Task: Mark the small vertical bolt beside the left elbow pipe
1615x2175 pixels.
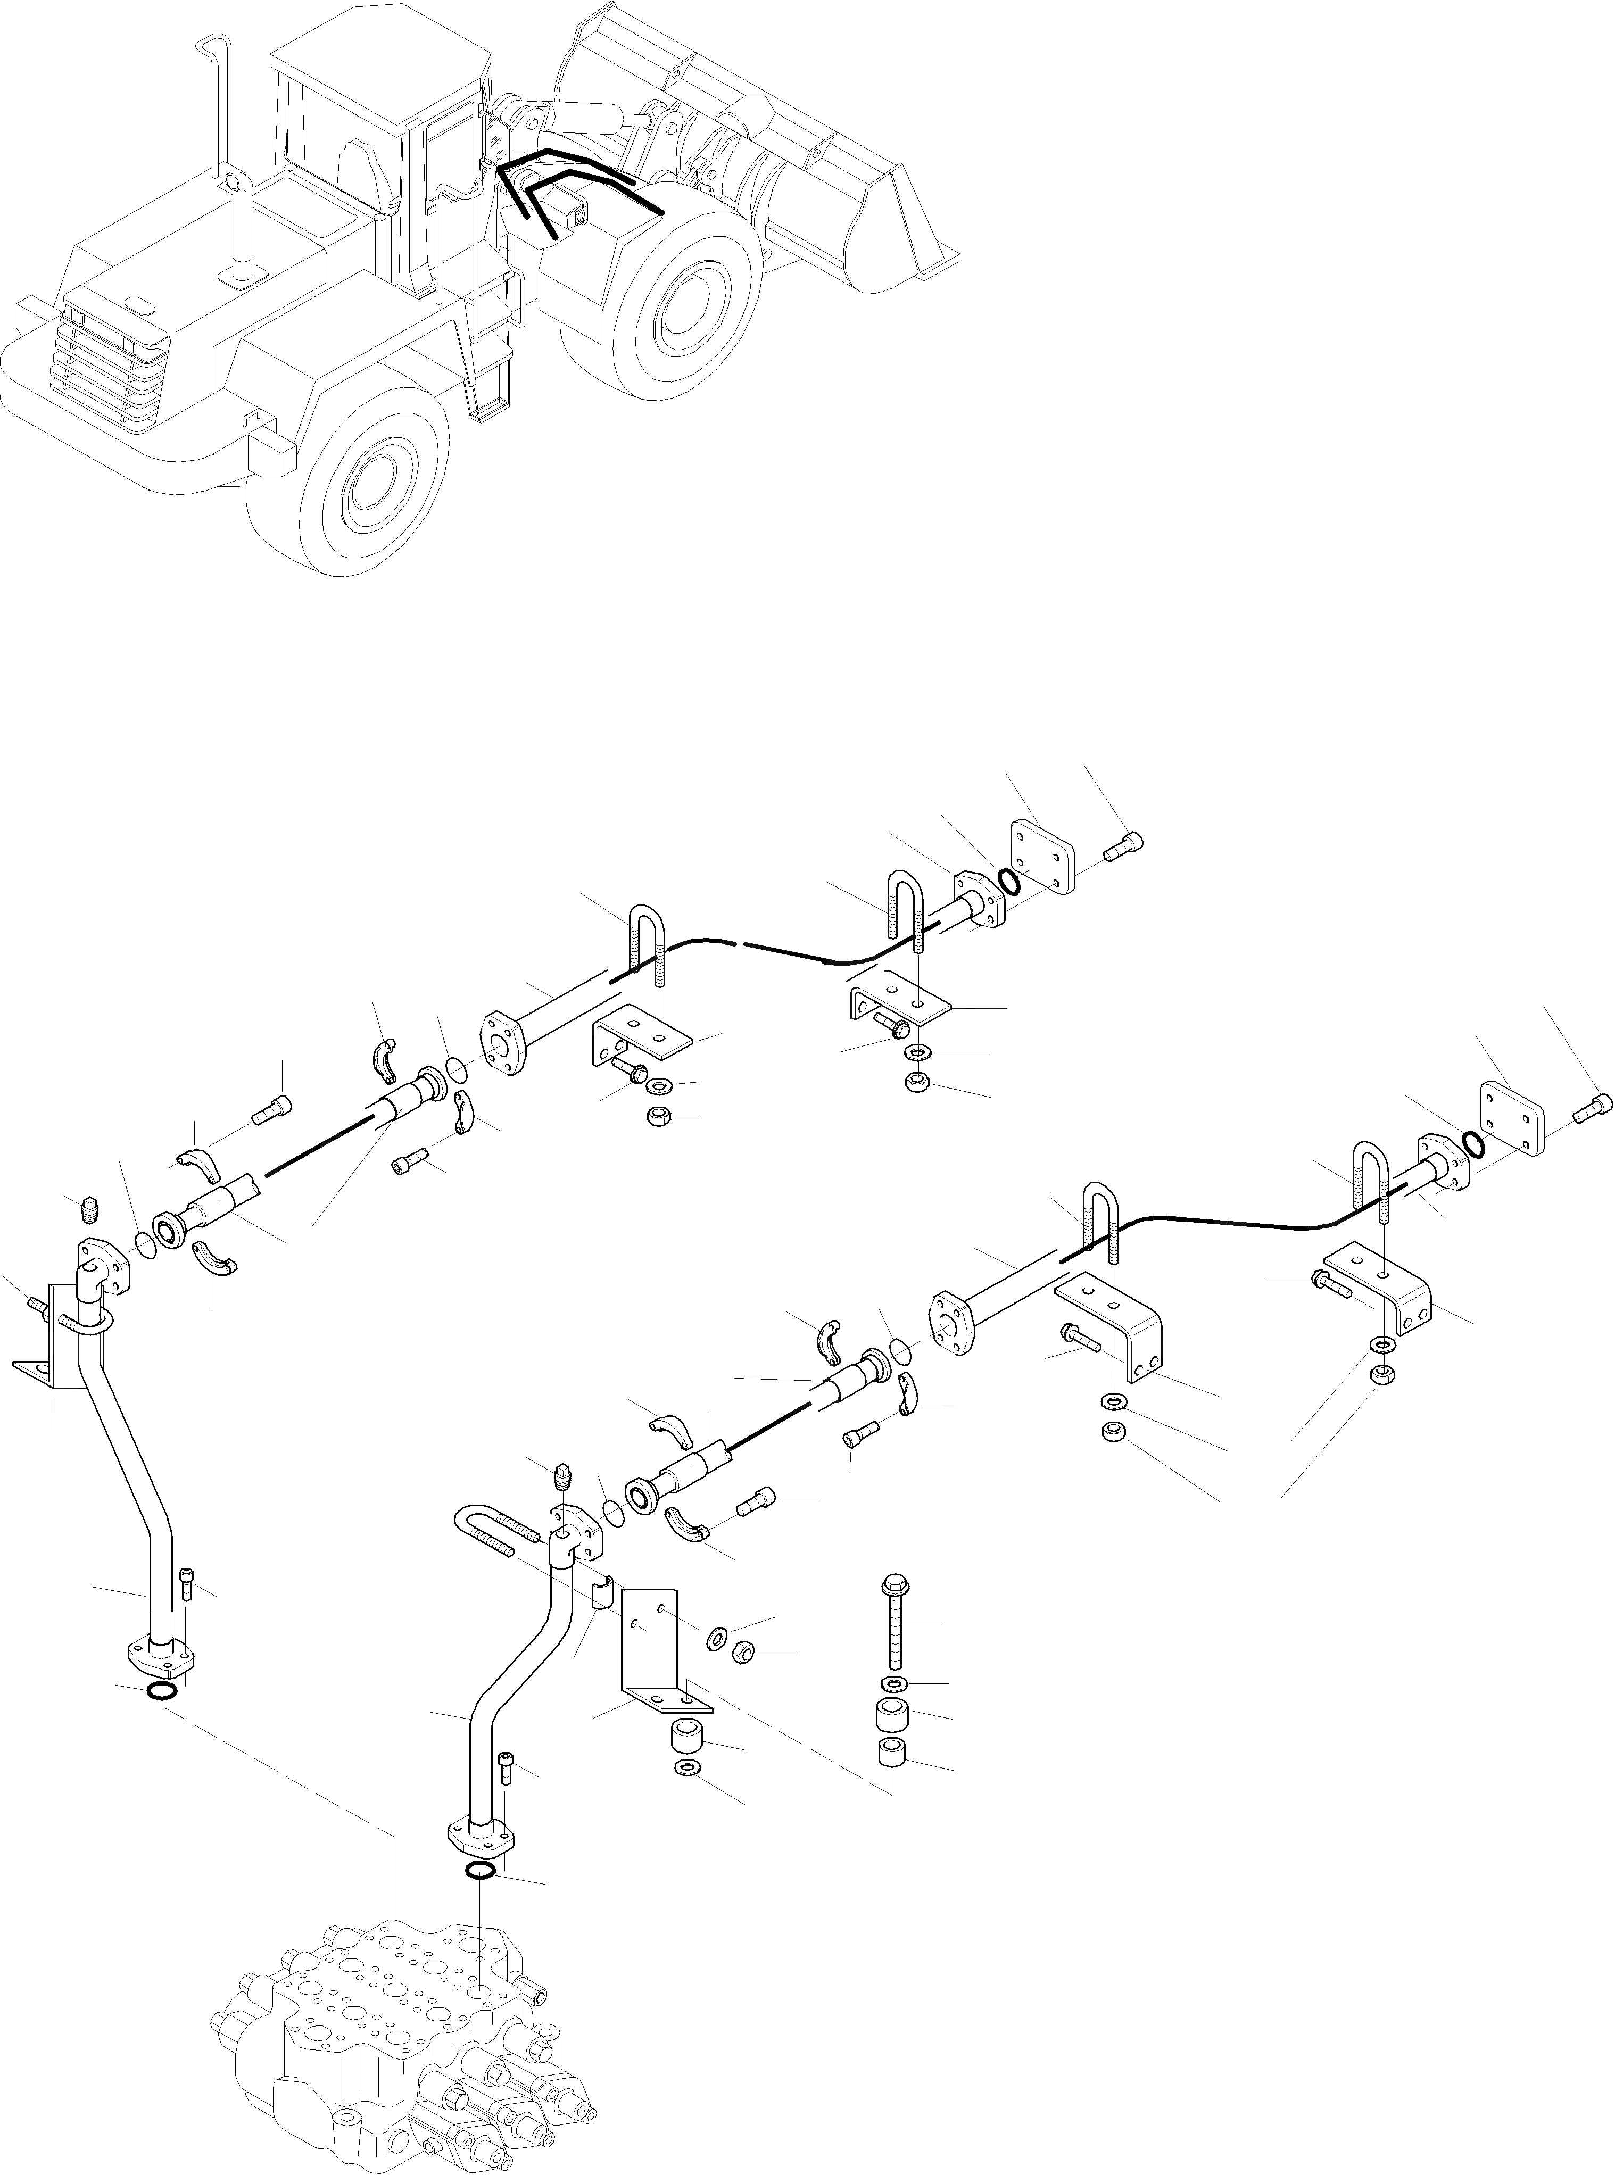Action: [x=189, y=1588]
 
